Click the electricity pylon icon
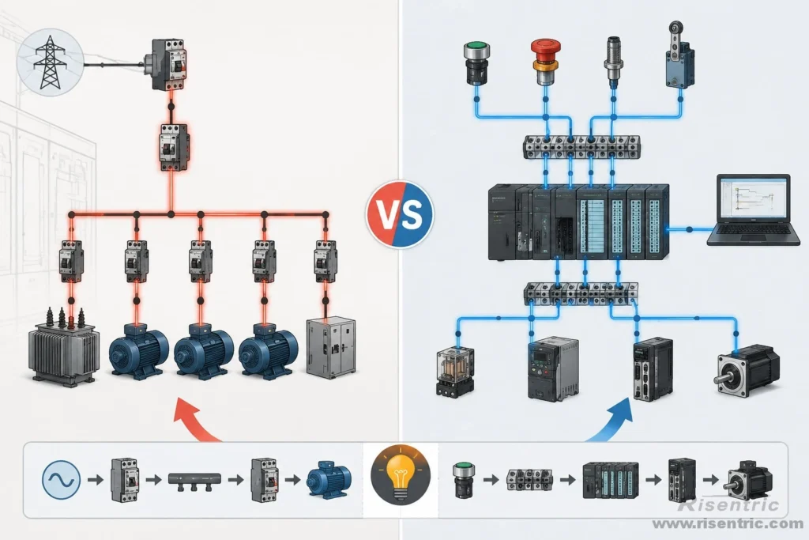(50, 62)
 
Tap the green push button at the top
(476, 63)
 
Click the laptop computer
(753, 210)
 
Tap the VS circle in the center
(400, 214)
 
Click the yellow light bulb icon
(401, 474)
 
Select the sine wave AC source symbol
(62, 480)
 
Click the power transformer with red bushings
(63, 347)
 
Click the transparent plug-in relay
(454, 371)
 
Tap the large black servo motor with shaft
(747, 370)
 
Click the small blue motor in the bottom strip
(329, 479)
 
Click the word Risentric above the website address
(729, 504)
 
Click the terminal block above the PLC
(581, 146)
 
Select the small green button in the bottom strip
(464, 480)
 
